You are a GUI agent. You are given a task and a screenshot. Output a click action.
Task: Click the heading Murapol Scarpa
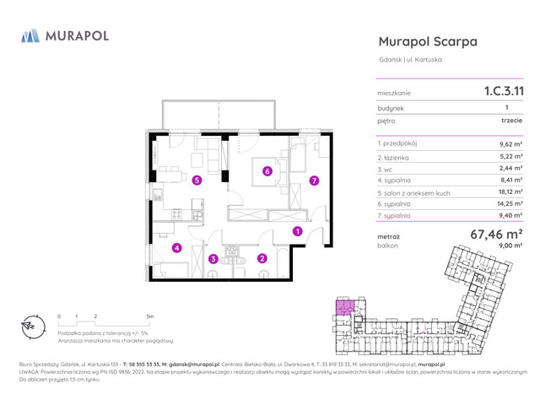pos(428,41)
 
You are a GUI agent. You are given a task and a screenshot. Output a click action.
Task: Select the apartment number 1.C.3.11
pos(503,89)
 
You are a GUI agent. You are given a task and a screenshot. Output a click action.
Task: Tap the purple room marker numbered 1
pos(297,232)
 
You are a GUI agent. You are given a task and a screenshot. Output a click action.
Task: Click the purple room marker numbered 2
pos(262,259)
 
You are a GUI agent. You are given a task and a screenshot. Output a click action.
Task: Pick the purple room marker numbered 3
pos(213,259)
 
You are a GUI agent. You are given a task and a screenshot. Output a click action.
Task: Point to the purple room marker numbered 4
pos(176,248)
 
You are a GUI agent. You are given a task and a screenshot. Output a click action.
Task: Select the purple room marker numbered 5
pos(197,180)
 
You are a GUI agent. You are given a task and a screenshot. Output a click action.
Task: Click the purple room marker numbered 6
pos(267,171)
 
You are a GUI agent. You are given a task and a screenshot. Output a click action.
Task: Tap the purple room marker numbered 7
pos(313,180)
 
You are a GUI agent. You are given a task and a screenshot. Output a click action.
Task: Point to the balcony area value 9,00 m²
pos(510,246)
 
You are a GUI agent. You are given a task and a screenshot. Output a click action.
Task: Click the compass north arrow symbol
pos(29,325)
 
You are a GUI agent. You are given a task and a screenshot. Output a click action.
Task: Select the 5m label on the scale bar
pos(149,316)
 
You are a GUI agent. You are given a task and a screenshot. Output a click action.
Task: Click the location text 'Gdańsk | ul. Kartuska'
pos(410,59)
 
